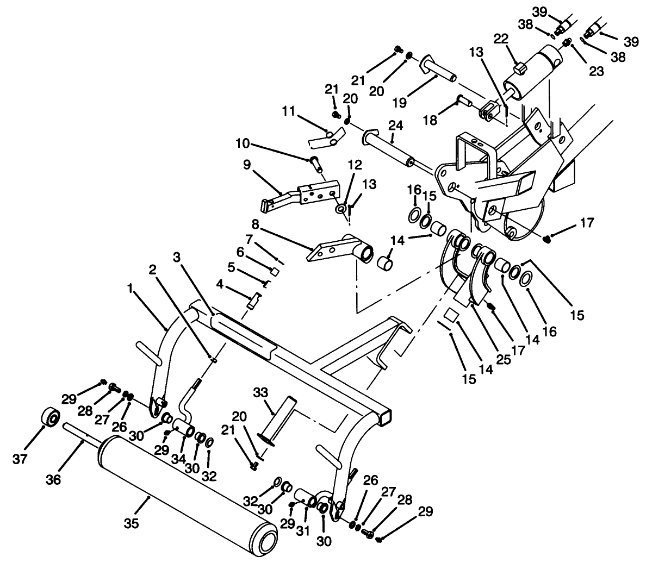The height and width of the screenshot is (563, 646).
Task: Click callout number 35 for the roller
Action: (x=132, y=524)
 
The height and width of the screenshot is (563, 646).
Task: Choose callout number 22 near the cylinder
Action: (x=501, y=39)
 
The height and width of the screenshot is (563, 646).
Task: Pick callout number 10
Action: (x=243, y=144)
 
